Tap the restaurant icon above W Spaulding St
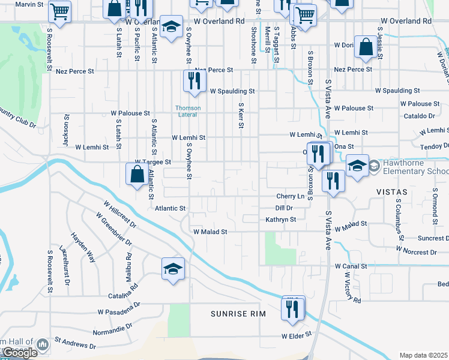pyautogui.click(x=194, y=81)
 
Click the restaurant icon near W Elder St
pyautogui.click(x=292, y=309)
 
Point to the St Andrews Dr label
pyautogui.click(x=75, y=343)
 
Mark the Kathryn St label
pyautogui.click(x=281, y=220)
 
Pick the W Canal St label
pyautogui.click(x=355, y=265)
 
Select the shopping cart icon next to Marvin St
pyautogui.click(x=61, y=11)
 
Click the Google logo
pyautogui.click(x=19, y=353)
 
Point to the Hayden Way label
pyautogui.click(x=83, y=247)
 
